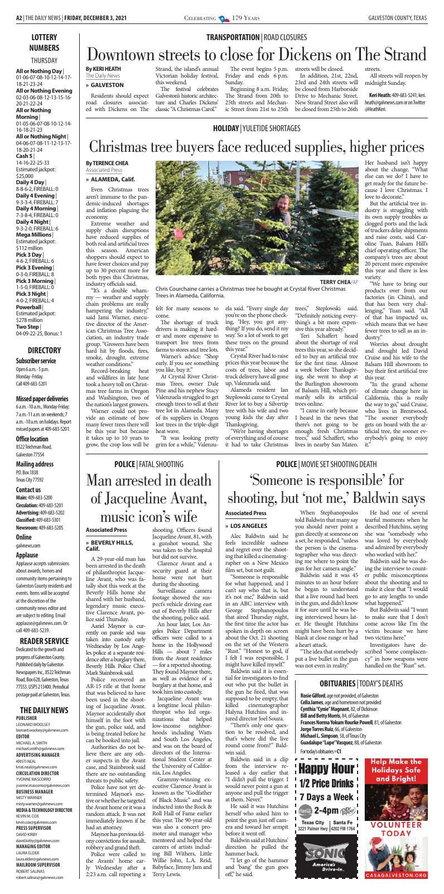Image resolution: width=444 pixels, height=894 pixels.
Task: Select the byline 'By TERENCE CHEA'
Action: coord(107,162)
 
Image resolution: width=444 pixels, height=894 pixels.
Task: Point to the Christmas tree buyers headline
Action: coord(256,147)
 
